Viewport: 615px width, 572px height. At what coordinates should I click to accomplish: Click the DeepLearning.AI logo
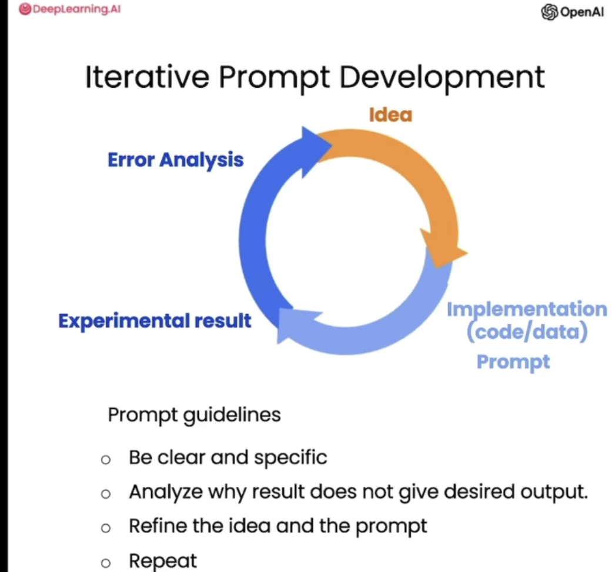(70, 9)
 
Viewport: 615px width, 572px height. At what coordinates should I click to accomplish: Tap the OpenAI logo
(573, 12)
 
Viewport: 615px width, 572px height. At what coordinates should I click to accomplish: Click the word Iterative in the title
(147, 77)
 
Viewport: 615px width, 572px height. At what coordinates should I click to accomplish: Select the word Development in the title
(442, 77)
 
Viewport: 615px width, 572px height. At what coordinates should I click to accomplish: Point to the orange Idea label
(390, 115)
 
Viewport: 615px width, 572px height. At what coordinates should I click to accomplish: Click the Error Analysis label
(176, 160)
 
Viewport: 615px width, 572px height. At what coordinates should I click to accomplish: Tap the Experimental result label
(155, 321)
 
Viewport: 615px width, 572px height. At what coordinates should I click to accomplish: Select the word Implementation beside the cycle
(527, 309)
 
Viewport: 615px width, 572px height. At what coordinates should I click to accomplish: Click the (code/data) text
(527, 332)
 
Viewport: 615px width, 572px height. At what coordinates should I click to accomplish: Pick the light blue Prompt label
(513, 362)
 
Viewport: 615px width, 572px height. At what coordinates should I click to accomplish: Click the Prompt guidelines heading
(194, 415)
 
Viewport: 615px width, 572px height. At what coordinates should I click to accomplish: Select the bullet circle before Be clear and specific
(105, 460)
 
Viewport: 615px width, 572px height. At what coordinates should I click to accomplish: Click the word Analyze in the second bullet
(166, 492)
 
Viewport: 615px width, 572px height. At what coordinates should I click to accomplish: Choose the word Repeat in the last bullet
(163, 561)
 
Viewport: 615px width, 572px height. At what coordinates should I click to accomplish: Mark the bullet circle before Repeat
(105, 563)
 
